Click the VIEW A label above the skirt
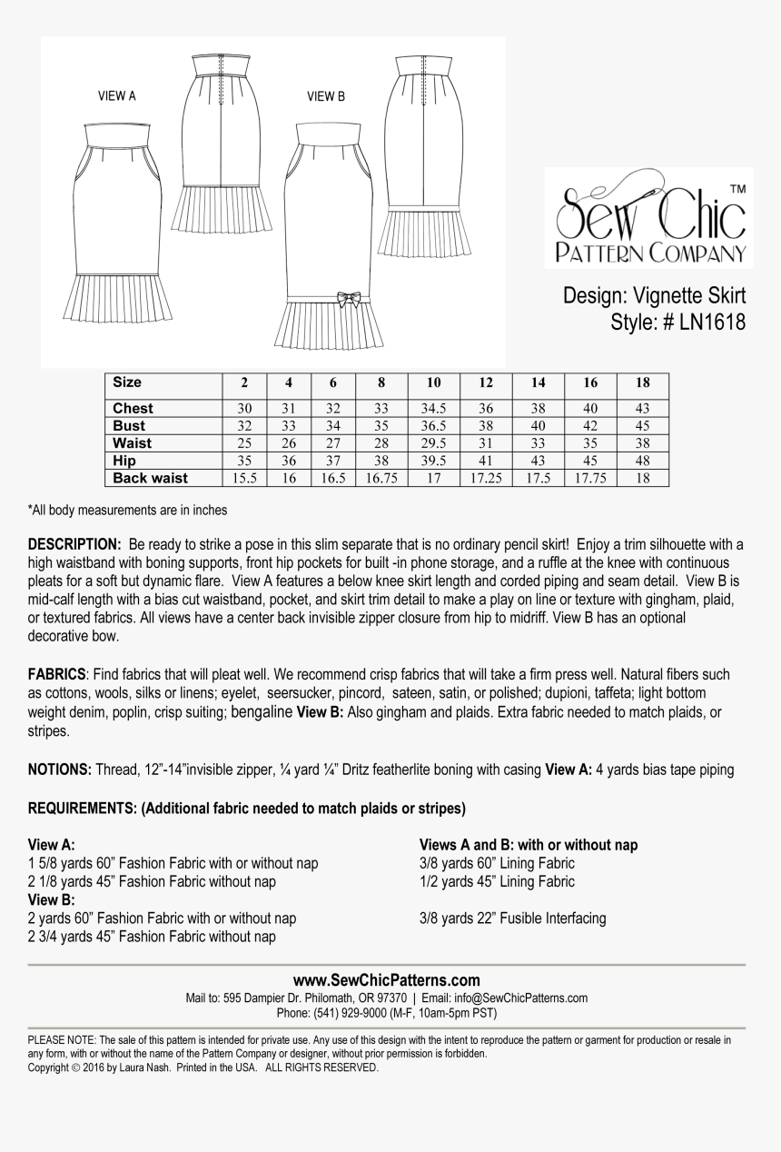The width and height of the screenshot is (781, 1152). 117,96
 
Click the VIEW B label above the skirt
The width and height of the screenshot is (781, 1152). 326,96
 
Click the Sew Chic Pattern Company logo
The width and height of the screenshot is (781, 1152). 649,218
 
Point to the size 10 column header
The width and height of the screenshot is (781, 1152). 433,383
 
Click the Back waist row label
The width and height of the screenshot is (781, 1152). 150,478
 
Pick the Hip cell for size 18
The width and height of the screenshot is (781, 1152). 643,461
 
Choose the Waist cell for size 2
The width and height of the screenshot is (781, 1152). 244,443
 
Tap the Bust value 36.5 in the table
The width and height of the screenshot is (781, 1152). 433,426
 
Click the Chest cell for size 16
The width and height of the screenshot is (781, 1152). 590,409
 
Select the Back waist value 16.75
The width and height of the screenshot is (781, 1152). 381,478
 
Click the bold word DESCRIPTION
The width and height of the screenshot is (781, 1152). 74,544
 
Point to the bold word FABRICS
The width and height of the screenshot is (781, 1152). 57,675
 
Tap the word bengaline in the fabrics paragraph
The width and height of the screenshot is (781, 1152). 262,712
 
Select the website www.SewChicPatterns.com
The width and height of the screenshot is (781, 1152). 386,980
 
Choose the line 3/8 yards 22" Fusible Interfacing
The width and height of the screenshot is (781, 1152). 512,919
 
